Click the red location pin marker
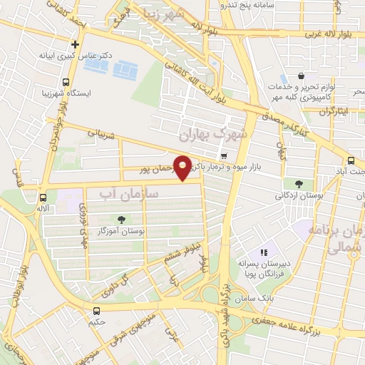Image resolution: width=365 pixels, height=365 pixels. point(184,168)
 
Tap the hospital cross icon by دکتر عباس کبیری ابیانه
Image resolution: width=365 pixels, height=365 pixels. point(75,44)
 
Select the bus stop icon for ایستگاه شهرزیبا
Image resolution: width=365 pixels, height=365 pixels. point(66,82)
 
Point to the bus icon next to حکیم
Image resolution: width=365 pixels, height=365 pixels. point(97,310)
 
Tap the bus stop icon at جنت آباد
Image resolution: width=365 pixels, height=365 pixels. point(350,160)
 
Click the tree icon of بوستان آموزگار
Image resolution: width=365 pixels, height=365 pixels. point(119,220)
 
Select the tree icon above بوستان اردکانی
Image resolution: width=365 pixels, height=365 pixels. point(298,183)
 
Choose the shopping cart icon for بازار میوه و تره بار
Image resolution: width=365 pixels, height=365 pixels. point(225,156)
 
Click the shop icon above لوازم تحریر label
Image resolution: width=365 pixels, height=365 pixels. point(302,76)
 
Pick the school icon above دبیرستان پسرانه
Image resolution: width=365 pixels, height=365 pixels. point(264,252)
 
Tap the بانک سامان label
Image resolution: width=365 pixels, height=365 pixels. point(255,294)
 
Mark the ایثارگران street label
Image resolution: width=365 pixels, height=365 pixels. point(331,112)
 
